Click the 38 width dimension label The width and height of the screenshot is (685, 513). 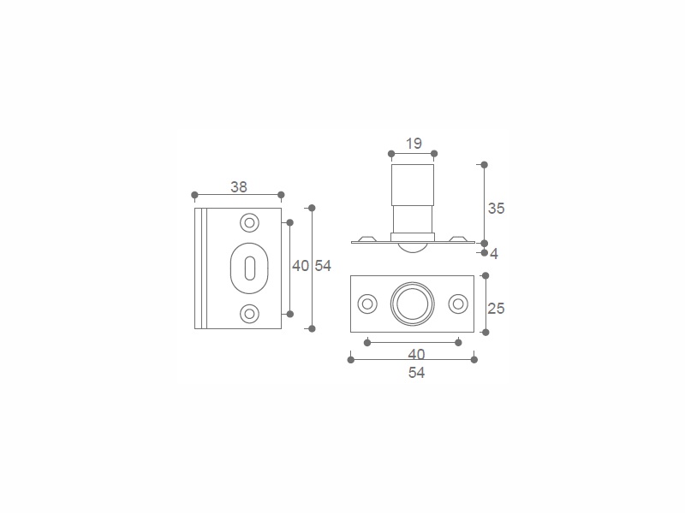tap(239, 186)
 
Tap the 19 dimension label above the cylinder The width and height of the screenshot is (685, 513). tap(414, 143)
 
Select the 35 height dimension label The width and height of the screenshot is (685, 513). tap(497, 209)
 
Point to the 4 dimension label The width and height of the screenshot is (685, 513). tap(494, 253)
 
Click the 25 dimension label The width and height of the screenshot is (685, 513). tap(497, 309)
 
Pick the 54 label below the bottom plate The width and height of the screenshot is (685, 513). tap(416, 373)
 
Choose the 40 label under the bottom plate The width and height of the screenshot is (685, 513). tap(416, 354)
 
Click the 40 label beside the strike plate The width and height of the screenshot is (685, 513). tap(301, 266)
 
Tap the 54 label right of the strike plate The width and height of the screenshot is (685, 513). tap(324, 266)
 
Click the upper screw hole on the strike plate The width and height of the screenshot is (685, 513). tap(249, 223)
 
